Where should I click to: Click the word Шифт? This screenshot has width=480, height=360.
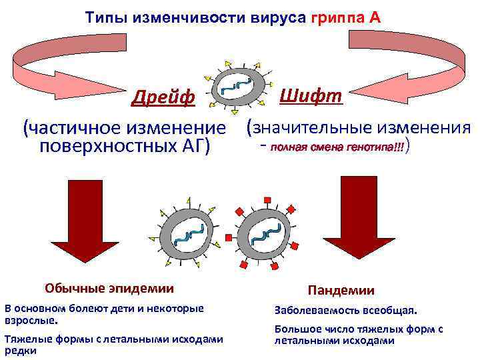pyautogui.click(x=311, y=95)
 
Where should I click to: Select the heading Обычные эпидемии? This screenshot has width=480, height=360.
pyautogui.click(x=109, y=288)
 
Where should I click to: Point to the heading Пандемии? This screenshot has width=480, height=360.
pyautogui.click(x=341, y=290)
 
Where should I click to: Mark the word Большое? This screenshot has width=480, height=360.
pyautogui.click(x=296, y=329)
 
